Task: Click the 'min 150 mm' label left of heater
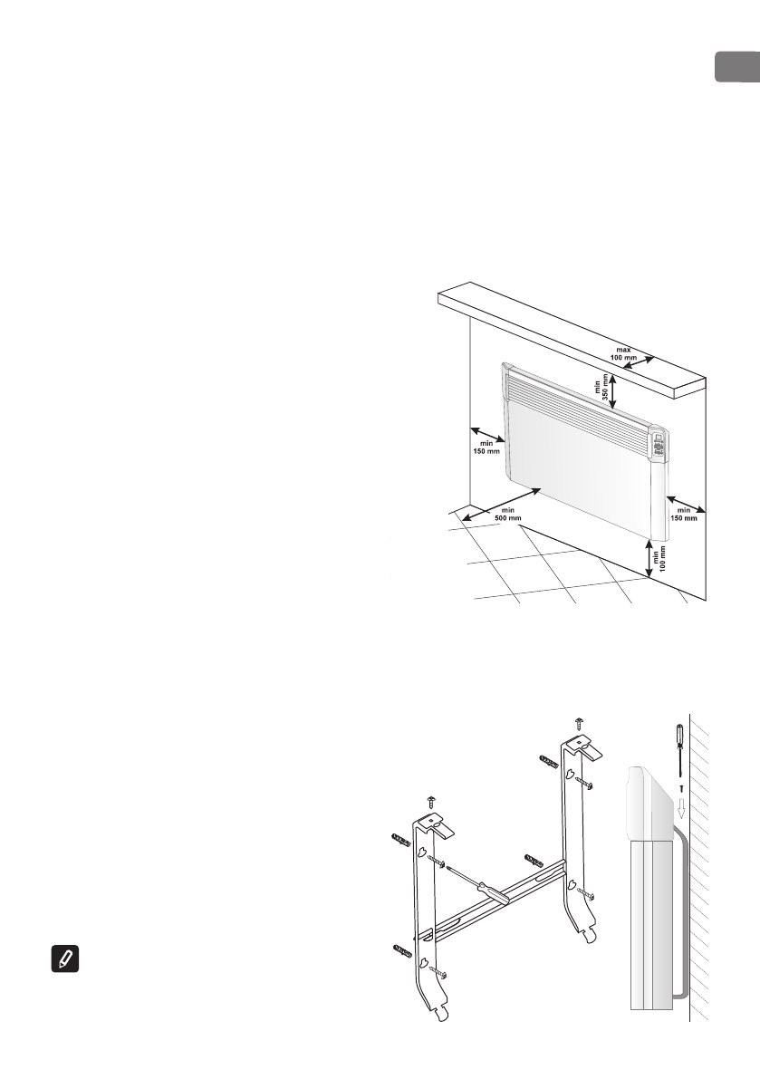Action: (487, 446)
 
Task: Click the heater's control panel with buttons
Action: (658, 447)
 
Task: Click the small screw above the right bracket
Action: (581, 722)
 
